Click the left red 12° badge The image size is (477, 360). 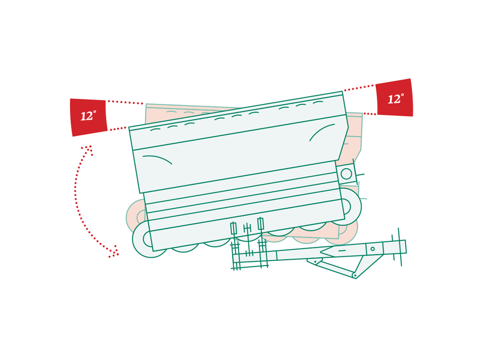[89, 117]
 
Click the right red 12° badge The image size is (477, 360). [394, 98]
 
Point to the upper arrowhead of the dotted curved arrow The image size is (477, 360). [88, 149]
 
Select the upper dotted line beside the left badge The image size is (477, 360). [125, 102]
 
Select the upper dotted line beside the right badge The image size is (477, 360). [359, 88]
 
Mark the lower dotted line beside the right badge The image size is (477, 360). [370, 114]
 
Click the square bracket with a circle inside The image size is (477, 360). [346, 174]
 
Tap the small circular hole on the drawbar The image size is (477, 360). [372, 249]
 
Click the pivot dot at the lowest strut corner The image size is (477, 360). [355, 275]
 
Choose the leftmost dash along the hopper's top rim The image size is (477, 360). [155, 130]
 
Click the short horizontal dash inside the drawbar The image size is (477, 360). [342, 250]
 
